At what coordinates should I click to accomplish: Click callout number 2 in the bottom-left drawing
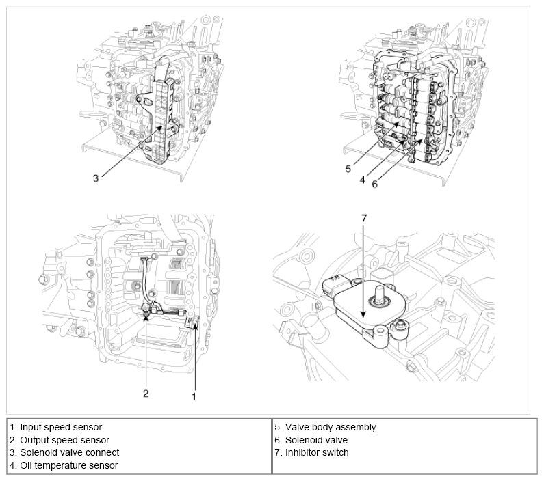146,393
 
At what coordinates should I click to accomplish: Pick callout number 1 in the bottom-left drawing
195,395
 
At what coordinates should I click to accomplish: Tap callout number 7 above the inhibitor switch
364,218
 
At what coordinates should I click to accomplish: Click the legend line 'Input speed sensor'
55,427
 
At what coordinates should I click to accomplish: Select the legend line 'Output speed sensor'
60,440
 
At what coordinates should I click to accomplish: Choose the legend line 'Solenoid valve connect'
64,452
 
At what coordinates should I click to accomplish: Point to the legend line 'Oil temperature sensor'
64,465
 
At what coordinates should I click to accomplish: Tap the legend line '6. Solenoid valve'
311,440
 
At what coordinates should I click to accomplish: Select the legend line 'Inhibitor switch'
311,452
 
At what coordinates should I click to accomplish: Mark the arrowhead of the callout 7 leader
364,315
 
